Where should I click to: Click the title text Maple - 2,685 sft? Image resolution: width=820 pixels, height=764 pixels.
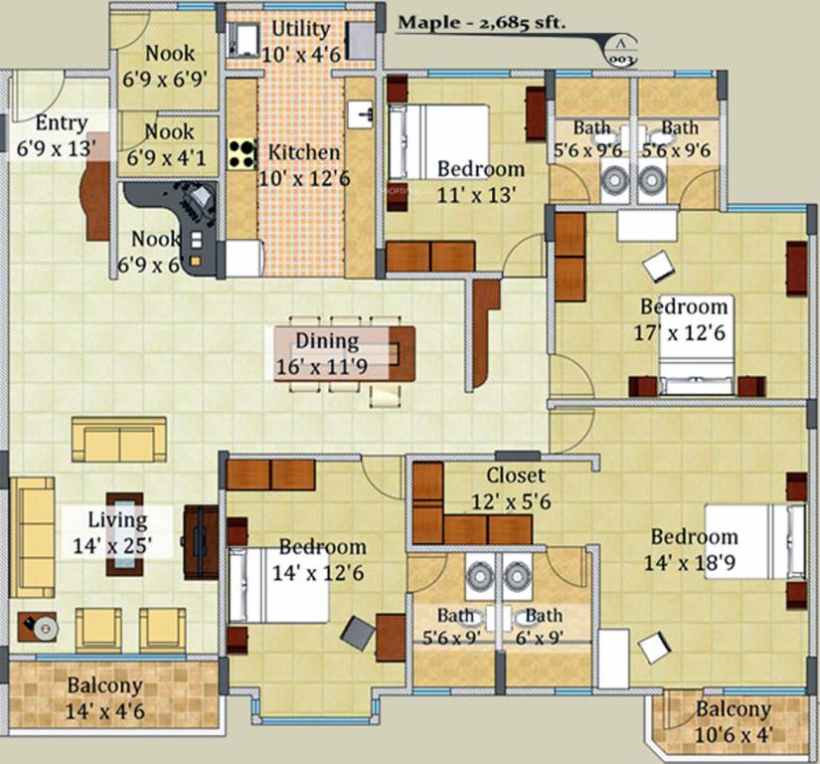coord(482,23)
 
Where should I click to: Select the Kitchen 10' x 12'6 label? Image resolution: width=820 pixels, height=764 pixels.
coord(304,164)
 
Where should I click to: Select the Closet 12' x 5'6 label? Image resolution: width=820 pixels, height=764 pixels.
coord(518,488)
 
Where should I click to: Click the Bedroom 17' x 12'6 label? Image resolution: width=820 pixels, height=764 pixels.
coord(683,318)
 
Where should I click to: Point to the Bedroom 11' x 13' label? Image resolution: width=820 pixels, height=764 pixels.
coord(480,180)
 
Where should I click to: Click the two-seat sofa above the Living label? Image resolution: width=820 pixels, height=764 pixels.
coord(118,439)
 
